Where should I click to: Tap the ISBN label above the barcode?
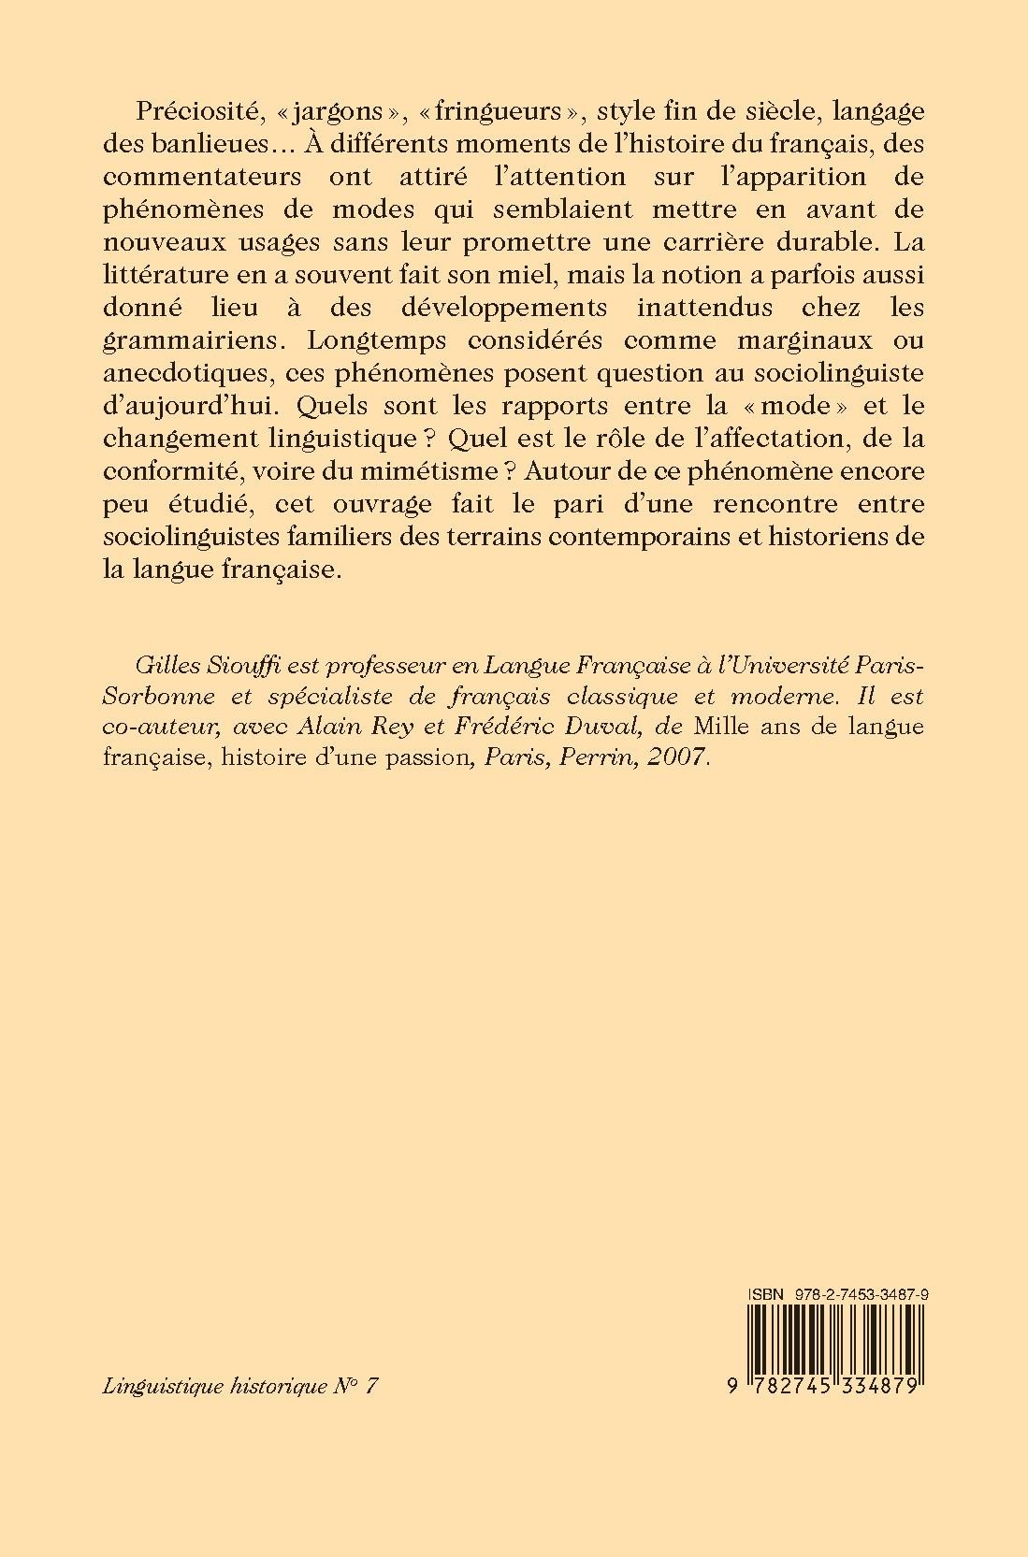[x=765, y=1293]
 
